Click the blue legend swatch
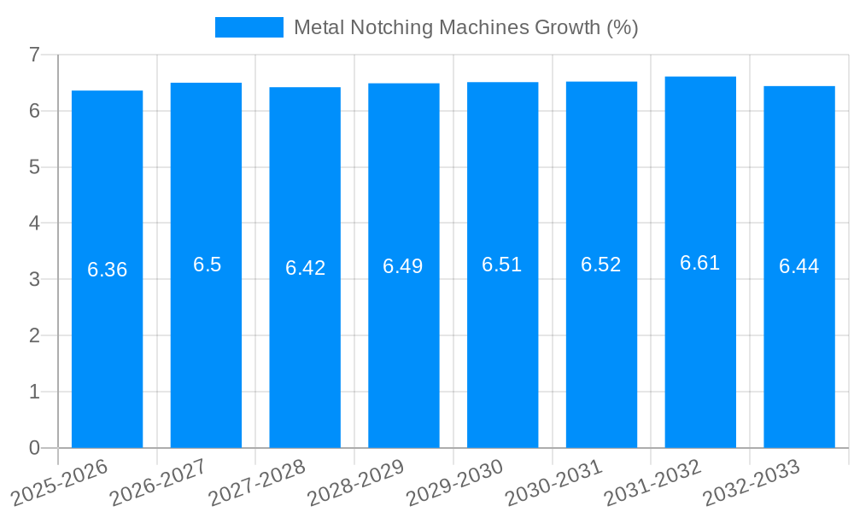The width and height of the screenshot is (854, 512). (x=249, y=27)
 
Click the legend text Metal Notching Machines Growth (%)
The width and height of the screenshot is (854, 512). (x=465, y=27)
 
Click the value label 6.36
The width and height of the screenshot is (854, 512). (x=107, y=270)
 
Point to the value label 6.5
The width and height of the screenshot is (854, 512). (x=207, y=265)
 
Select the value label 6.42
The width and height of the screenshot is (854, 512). (x=305, y=268)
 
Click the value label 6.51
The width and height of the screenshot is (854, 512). (x=502, y=265)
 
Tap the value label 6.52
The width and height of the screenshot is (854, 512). (x=601, y=265)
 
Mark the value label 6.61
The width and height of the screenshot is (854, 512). (x=700, y=263)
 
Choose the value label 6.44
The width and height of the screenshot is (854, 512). (x=798, y=266)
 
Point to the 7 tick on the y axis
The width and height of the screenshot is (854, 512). (x=34, y=55)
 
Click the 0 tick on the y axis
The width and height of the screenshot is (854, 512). (x=34, y=448)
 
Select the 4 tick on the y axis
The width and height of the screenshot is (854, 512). (x=34, y=224)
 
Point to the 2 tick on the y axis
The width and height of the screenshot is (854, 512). (x=34, y=335)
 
